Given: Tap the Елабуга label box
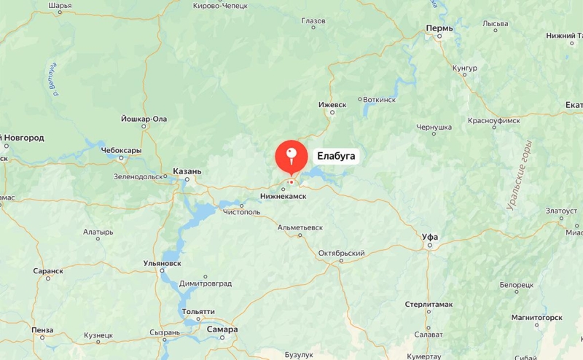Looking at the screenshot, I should coord(337,156).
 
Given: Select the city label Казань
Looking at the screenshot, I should coord(187,172).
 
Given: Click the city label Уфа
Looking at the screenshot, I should coord(430,237).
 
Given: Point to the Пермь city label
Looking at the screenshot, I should coord(439,28).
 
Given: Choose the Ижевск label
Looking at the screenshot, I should coord(332,105).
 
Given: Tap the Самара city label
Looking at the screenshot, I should coord(222,329).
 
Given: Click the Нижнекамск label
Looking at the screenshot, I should coord(283,196).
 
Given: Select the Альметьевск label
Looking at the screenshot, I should coord(300,227).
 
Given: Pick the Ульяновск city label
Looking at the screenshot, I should coord(163,263).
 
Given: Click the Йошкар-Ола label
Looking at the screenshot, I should coord(144,119).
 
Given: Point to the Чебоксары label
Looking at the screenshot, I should coord(121,151).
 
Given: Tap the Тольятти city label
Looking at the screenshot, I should coord(198,311).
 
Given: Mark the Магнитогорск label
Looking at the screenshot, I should coord(536,318).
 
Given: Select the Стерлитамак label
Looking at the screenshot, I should coord(429,304).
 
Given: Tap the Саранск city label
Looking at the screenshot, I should coord(48,270).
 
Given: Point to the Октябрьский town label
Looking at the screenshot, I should coord(341,254).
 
